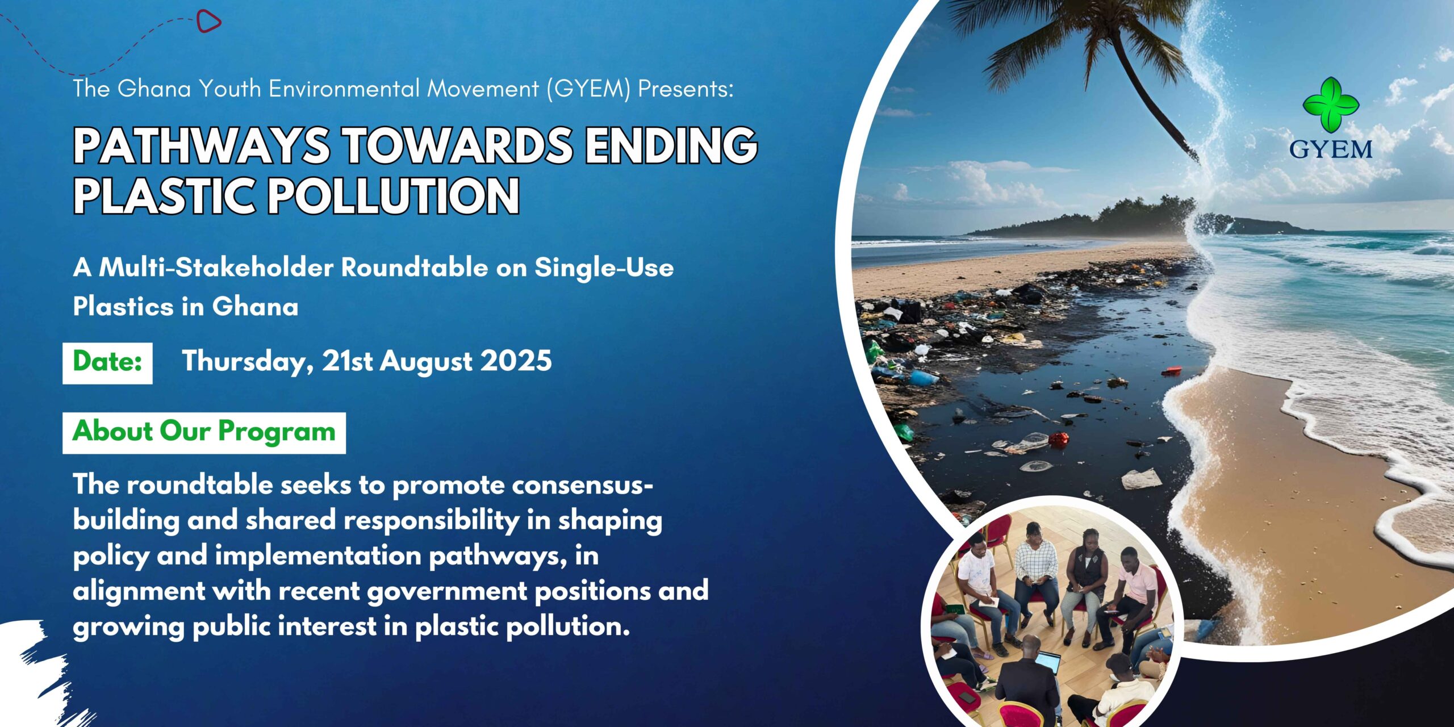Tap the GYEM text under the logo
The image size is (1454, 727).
click(x=1331, y=149)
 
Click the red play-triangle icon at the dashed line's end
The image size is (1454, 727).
click(x=208, y=22)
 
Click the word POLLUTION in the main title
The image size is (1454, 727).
click(x=393, y=195)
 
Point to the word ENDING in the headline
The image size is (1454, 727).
click(x=672, y=145)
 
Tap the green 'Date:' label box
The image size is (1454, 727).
click(x=107, y=363)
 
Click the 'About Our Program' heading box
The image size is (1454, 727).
click(x=204, y=433)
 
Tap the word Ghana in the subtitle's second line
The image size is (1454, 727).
click(x=255, y=307)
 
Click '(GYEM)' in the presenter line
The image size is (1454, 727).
click(x=588, y=89)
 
